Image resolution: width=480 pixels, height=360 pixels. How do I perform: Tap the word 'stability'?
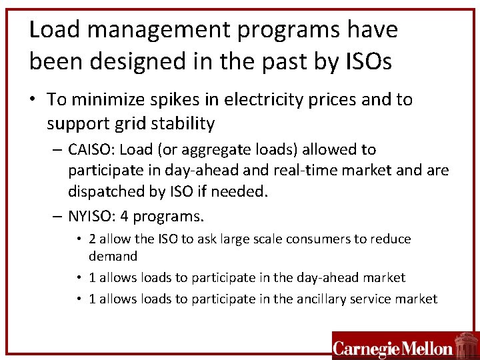coord(185,123)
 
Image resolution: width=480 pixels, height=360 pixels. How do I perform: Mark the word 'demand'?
coord(113,256)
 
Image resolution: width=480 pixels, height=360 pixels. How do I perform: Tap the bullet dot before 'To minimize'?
coord(35,101)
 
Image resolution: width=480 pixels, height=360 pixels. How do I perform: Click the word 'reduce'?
coord(391,239)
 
